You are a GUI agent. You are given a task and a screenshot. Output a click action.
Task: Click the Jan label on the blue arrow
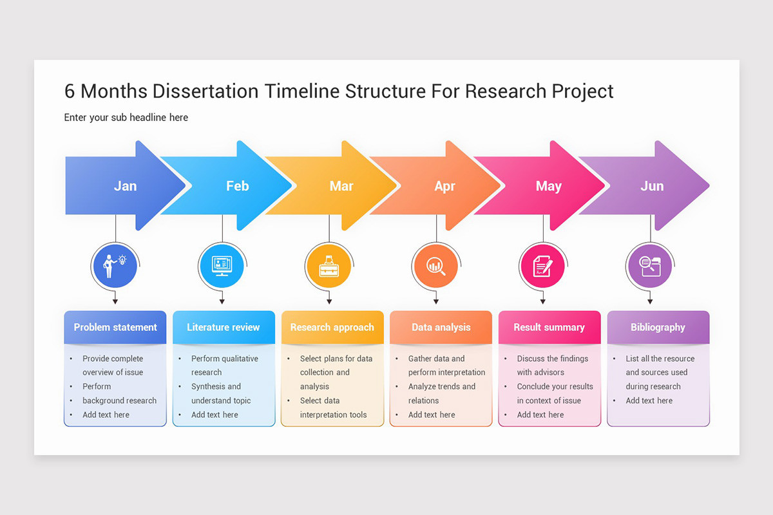tap(125, 186)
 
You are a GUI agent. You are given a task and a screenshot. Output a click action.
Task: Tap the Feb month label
tap(237, 186)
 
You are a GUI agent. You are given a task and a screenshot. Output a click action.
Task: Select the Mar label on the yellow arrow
tap(341, 186)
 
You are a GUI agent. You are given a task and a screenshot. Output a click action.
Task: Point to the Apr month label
tap(444, 186)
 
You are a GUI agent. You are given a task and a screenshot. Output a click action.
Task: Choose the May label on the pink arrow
tap(549, 186)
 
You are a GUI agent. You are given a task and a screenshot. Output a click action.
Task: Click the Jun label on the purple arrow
tap(652, 186)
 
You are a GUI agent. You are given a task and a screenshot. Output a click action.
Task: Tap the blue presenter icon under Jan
tap(115, 265)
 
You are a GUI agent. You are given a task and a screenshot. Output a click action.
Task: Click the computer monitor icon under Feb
tap(222, 265)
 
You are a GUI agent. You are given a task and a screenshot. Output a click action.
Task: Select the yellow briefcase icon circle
tap(329, 265)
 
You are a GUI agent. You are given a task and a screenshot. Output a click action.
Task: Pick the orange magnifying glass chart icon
tap(436, 265)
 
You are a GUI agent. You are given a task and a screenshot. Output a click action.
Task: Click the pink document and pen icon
tap(542, 265)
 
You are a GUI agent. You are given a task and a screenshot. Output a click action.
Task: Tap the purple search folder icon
tap(649, 265)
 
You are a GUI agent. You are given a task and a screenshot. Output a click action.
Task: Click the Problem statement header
tap(115, 327)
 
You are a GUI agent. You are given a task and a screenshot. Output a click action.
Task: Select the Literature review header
tap(224, 327)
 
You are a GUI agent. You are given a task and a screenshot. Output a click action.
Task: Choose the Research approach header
tap(332, 327)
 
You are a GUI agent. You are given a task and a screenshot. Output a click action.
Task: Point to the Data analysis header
tap(441, 327)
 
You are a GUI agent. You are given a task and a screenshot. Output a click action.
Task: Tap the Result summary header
tap(549, 327)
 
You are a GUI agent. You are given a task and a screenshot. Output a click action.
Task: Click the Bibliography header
tap(658, 327)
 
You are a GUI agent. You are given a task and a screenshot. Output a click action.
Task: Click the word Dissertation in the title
tap(205, 91)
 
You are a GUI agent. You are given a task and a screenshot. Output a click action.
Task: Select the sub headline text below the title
tap(126, 117)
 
